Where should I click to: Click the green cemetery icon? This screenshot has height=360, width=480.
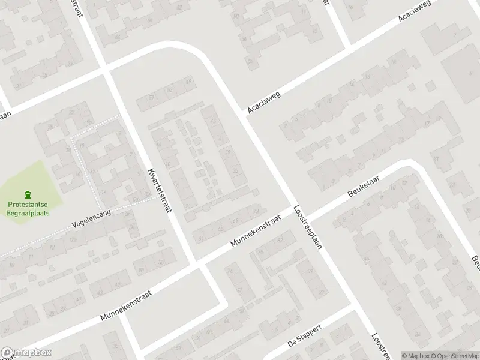28,194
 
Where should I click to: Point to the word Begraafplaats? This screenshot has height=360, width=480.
29,213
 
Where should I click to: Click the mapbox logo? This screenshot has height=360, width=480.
26,353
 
